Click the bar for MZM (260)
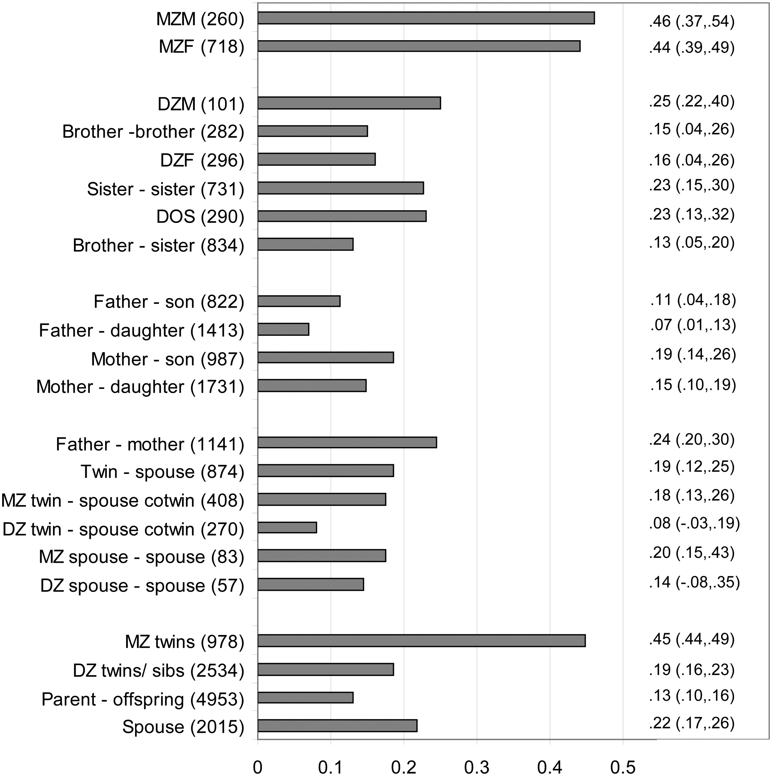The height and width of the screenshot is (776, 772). (x=426, y=18)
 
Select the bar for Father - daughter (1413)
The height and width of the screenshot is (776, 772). (x=283, y=329)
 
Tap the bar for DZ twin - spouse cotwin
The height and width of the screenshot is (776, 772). (x=287, y=527)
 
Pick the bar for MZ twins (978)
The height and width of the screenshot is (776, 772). (x=422, y=641)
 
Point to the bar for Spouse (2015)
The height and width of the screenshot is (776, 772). (x=337, y=726)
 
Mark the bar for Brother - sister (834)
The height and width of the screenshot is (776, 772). (x=305, y=244)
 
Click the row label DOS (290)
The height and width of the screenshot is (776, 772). (x=200, y=217)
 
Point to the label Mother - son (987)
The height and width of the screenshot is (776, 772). (x=168, y=359)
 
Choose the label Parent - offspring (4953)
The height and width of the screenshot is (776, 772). (x=143, y=699)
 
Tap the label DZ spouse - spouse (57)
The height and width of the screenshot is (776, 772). (x=142, y=586)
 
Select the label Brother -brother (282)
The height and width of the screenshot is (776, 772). (x=153, y=132)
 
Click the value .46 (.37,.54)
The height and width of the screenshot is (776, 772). (x=692, y=21)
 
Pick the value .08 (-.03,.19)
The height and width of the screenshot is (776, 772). (x=694, y=523)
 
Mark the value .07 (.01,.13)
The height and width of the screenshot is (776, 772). (x=693, y=325)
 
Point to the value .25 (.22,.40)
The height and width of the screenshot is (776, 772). (x=692, y=101)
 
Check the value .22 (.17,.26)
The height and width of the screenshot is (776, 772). (x=692, y=723)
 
